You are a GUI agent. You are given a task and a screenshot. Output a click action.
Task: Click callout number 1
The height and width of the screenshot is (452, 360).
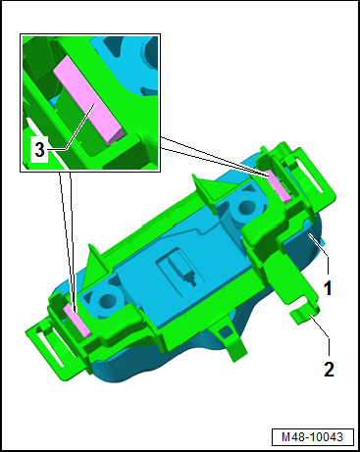328,288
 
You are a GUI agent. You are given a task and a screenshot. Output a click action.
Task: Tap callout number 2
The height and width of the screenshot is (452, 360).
329,369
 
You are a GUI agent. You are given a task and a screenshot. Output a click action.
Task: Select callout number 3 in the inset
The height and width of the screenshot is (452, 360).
39,150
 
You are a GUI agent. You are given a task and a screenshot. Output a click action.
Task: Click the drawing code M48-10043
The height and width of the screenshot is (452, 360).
313,437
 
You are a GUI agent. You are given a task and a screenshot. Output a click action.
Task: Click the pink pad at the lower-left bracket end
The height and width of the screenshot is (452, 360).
77,320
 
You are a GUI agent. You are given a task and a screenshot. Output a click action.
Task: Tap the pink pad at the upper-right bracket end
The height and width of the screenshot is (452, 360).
279,186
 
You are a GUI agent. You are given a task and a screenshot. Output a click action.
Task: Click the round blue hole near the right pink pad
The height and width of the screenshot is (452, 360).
247,206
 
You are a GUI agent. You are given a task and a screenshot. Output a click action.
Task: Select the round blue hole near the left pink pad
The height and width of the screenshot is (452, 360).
106,299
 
